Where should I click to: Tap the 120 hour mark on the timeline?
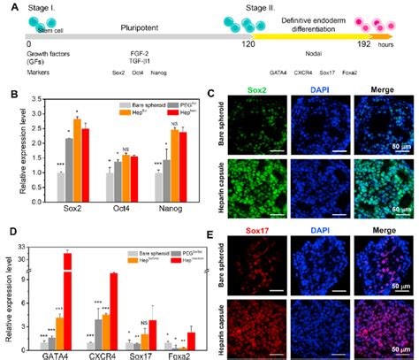pos(248,43)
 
